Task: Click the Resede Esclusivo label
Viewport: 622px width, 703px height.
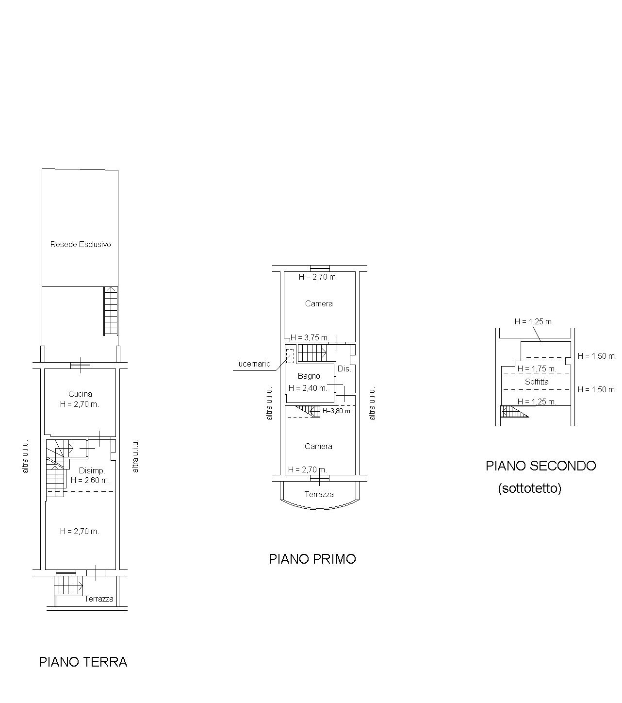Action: coord(81,244)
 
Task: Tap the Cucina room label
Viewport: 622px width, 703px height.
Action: coord(80,394)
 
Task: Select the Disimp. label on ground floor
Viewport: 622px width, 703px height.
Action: coord(92,471)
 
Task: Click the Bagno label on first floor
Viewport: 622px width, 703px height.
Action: coord(309,376)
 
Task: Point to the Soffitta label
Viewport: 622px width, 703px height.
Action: coord(536,382)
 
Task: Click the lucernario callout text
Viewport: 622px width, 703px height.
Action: coord(254,364)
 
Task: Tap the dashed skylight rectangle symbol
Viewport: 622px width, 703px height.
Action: coord(290,356)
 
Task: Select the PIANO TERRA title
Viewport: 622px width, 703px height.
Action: coord(83,662)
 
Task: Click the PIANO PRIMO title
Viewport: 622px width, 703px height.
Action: coord(312,559)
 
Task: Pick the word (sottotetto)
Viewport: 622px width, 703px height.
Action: coord(529,488)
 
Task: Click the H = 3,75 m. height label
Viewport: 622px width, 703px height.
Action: coord(310,337)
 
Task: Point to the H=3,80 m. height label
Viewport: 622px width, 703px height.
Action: coord(337,411)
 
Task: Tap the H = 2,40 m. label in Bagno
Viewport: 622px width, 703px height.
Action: coord(308,388)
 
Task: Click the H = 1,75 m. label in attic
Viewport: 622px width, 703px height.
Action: coord(537,368)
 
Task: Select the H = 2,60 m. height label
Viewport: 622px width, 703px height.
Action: coord(90,480)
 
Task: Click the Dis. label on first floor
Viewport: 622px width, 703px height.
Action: coord(344,369)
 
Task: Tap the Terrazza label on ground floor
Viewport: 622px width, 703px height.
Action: coord(99,599)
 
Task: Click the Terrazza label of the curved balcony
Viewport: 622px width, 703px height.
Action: coord(319,494)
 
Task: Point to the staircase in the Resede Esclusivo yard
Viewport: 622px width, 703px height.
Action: coord(111,311)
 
